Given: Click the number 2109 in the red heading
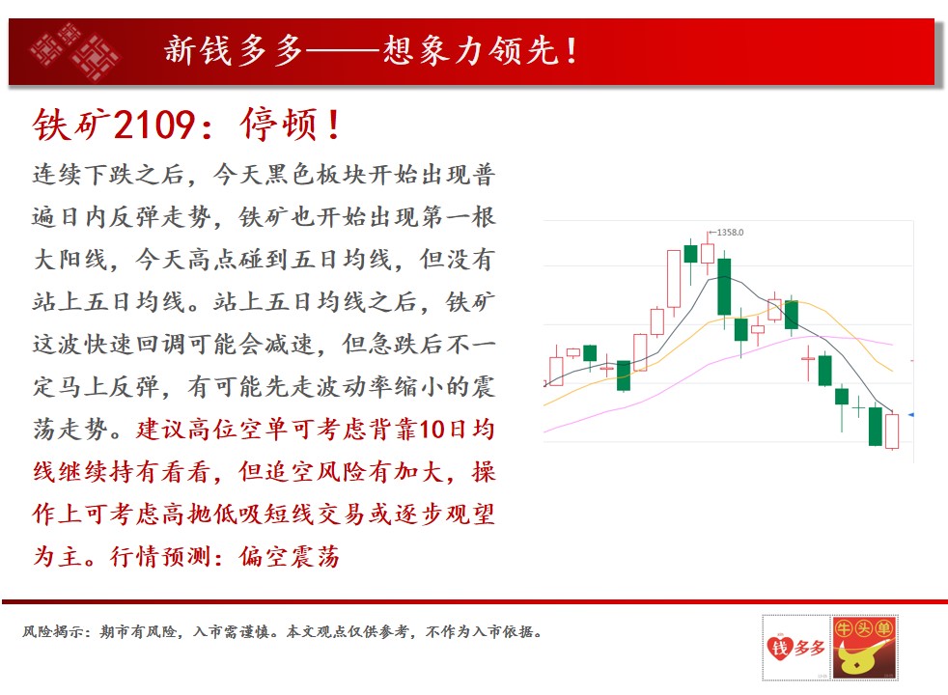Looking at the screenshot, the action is coord(153,125).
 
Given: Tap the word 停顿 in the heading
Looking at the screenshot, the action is coord(279,125).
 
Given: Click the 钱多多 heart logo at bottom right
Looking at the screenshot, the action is coord(795,648).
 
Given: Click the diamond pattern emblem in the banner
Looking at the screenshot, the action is coord(75,51).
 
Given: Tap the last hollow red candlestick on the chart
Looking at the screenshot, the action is coord(892,431).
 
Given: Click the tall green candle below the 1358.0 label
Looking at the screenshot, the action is coord(724,288).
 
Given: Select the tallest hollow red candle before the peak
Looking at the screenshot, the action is coord(674,279).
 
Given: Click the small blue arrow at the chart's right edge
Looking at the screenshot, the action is coord(910,414).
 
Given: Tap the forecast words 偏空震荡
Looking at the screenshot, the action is coord(290,556).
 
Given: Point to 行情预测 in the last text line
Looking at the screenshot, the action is coord(160,556).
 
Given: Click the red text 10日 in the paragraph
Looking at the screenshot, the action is coord(445,430).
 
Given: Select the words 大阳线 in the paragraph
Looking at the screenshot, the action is coord(70,260).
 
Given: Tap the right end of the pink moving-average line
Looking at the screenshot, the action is coord(892,345).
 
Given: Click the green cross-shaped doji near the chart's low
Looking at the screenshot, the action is coord(858,408).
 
